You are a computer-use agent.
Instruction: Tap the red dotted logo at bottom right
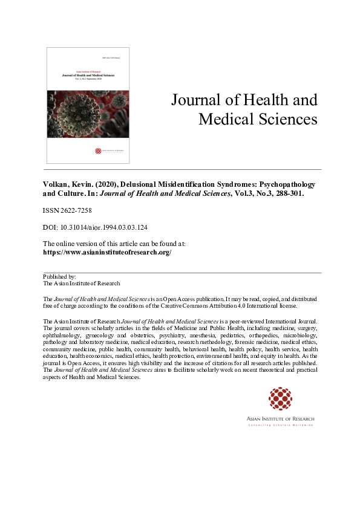pos(281,400)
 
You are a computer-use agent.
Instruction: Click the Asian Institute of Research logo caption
pos(281,419)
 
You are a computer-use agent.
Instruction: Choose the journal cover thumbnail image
pos(88,106)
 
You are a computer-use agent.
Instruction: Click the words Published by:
pos(59,276)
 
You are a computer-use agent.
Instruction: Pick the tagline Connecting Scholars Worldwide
pos(281,426)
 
